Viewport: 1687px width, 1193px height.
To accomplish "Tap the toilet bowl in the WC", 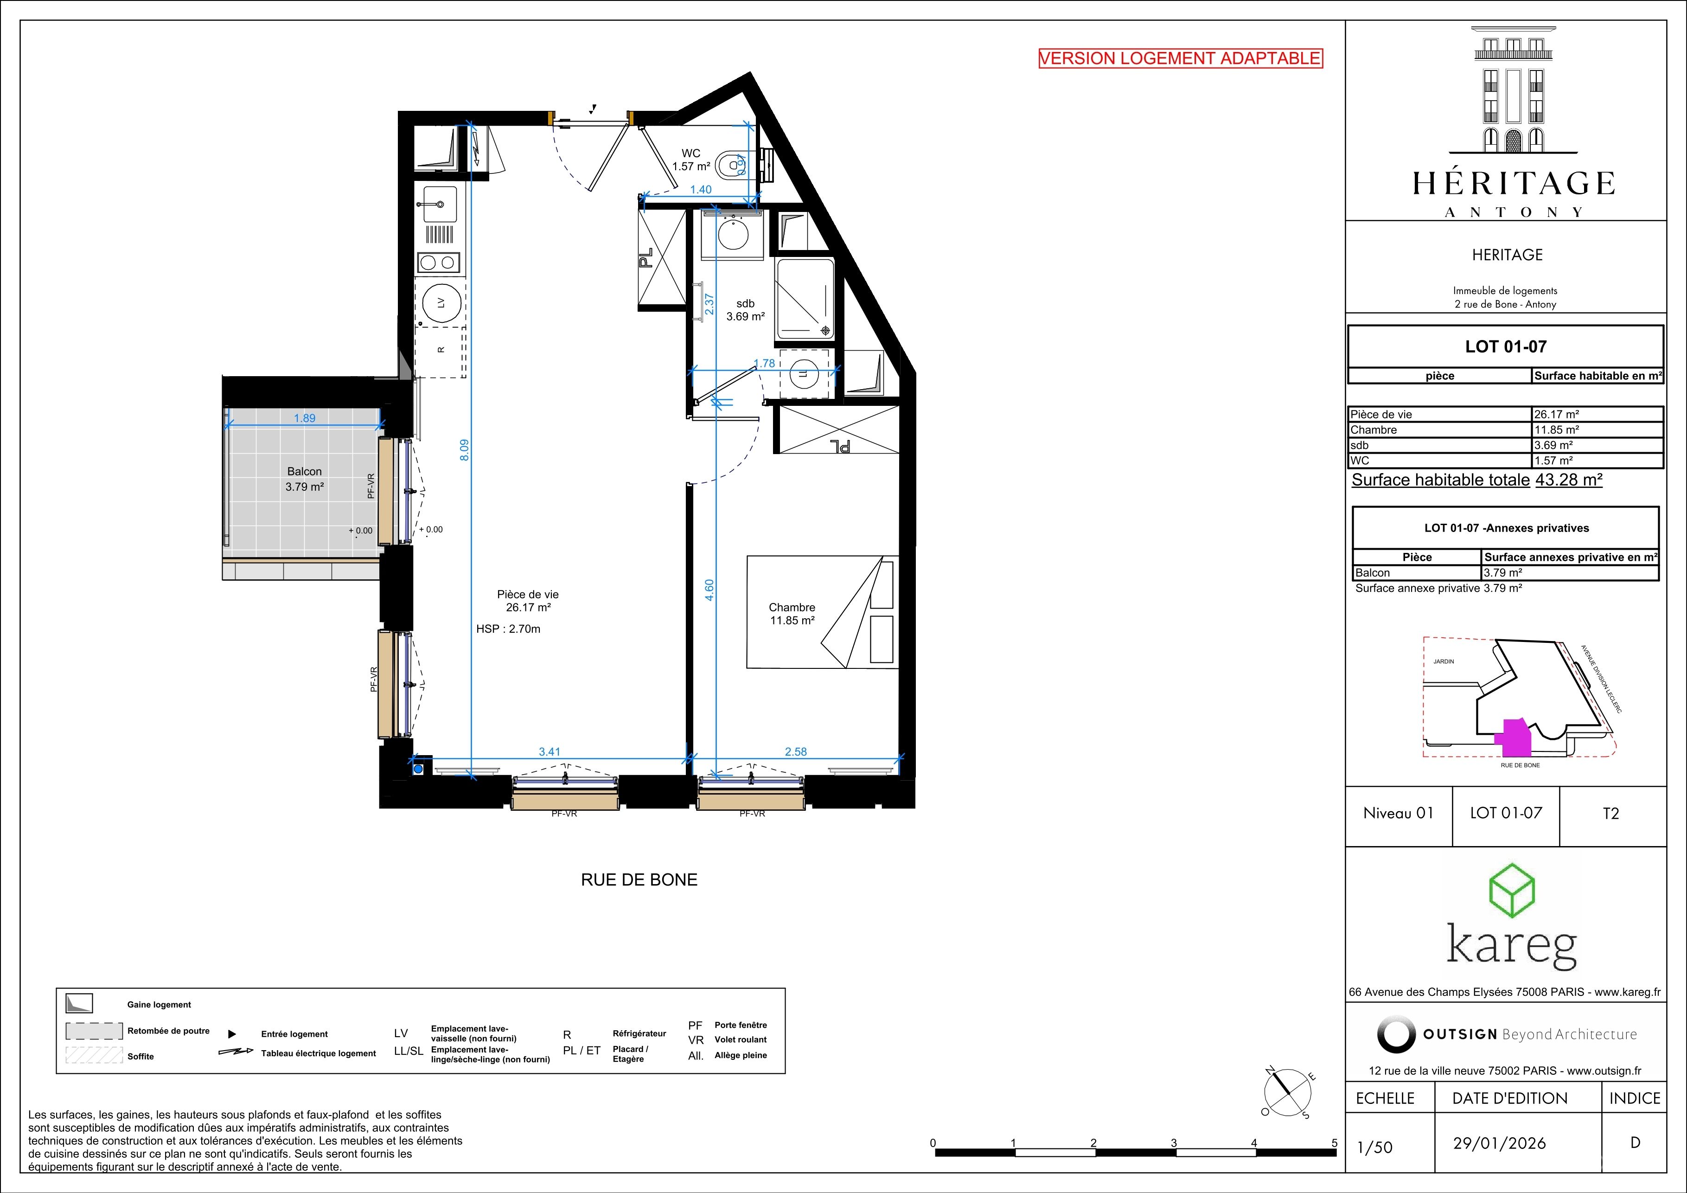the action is (x=729, y=166).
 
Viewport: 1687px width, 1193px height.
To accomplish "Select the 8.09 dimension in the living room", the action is (x=464, y=450).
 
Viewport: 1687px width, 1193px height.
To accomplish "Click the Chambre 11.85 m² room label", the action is (x=792, y=614).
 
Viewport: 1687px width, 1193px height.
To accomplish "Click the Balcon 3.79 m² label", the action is (x=304, y=479).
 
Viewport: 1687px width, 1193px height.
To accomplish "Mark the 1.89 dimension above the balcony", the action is (x=304, y=418).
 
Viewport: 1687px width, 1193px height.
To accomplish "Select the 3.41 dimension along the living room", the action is (x=550, y=751).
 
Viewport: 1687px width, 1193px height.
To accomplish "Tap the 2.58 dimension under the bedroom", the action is (x=796, y=751).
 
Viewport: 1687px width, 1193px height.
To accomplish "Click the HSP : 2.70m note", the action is (x=508, y=629).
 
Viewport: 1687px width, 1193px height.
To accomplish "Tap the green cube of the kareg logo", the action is (x=1513, y=892).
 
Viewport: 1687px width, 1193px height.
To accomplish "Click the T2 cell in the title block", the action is (x=1610, y=814).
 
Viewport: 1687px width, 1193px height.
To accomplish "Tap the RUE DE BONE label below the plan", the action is (x=639, y=880).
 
